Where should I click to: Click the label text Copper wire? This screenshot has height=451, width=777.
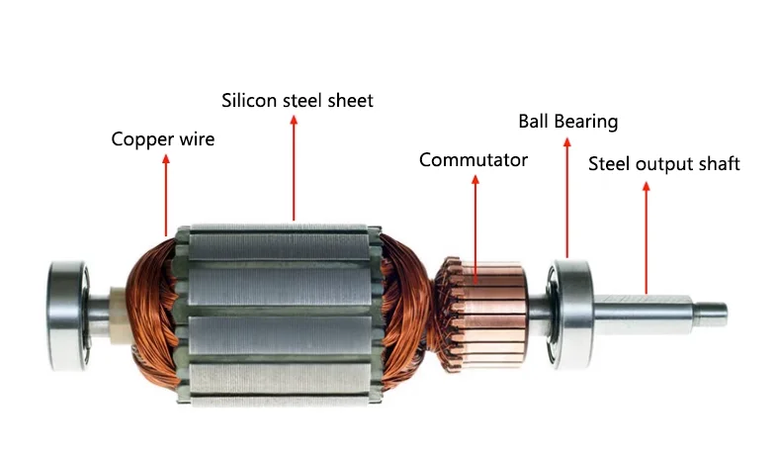tap(162, 138)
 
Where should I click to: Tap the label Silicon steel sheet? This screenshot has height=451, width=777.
tap(298, 100)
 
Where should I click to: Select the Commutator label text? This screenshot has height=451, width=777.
tap(474, 159)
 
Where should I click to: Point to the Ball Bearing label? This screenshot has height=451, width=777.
tap(567, 122)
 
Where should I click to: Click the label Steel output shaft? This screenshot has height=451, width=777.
tap(663, 163)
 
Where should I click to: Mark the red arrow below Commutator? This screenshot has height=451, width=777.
tap(475, 223)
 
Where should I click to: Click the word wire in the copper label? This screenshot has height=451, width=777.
tap(196, 138)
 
